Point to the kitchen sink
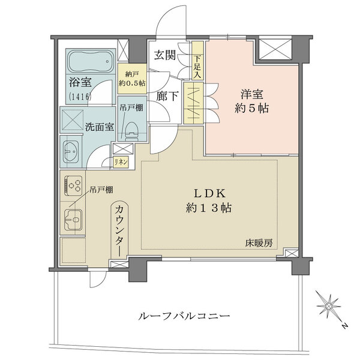coord(73,221)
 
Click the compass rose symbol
coord(329,307)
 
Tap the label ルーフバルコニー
coord(184,316)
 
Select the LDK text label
coord(208,194)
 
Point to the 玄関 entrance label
coord(165,56)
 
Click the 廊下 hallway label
coord(165,95)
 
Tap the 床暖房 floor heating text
coord(259,243)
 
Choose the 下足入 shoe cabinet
coord(197,64)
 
